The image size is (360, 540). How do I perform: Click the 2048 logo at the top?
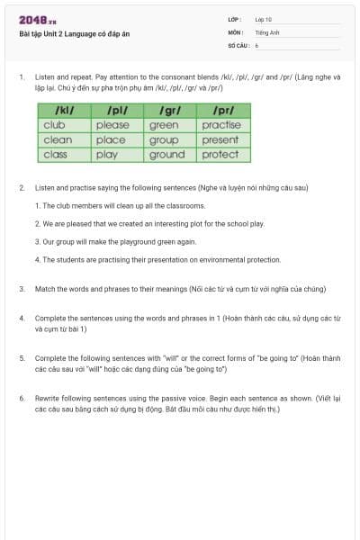coord(38,21)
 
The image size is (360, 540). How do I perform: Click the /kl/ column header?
coord(64,110)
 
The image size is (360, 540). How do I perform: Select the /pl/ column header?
coord(118,110)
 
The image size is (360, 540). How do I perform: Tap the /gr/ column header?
coord(171,110)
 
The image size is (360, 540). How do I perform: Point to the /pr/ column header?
coord(224,110)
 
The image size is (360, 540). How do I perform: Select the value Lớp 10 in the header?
coord(263,19)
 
